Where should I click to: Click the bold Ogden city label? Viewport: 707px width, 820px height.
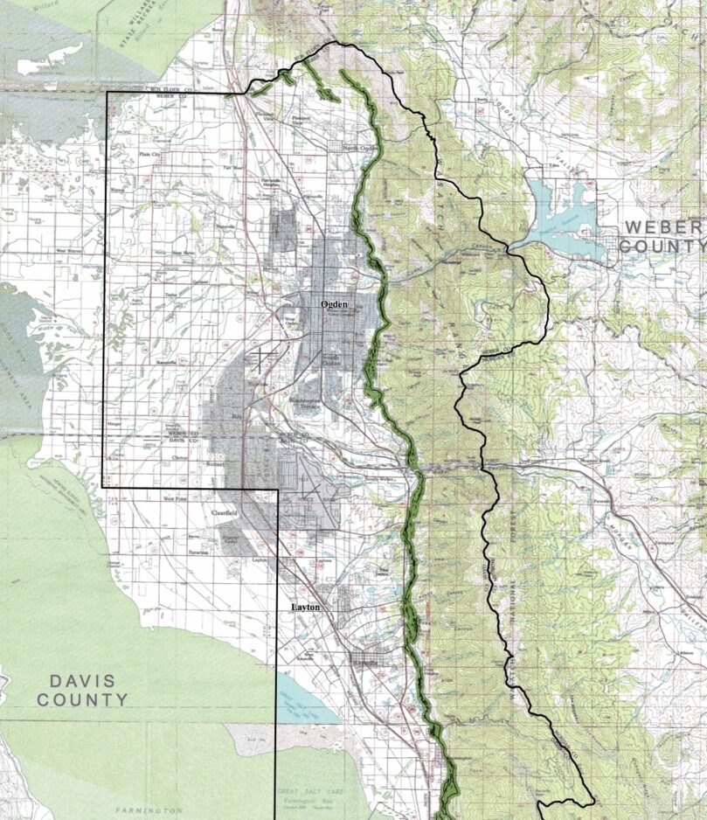[335, 303]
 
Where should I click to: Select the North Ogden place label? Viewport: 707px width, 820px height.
[357, 148]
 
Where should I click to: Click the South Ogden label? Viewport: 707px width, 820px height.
[333, 361]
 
